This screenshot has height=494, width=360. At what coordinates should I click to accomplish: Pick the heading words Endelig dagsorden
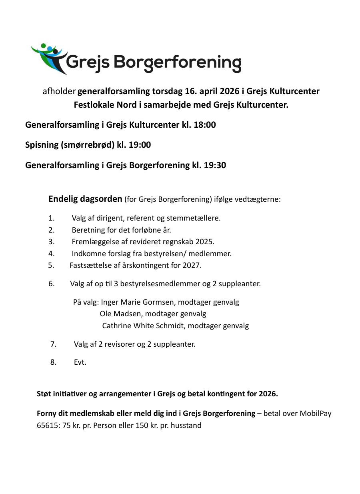[x=85, y=199]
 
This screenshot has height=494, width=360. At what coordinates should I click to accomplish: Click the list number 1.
[x=51, y=218]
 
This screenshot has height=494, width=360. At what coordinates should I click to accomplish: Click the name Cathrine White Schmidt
[x=144, y=325]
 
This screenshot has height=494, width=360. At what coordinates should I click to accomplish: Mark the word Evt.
[x=80, y=362]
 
